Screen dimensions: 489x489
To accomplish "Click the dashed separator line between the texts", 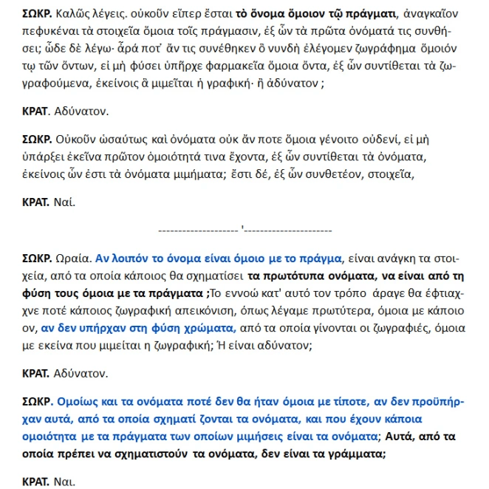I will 243,229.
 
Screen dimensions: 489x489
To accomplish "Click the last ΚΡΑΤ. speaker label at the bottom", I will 37,482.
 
